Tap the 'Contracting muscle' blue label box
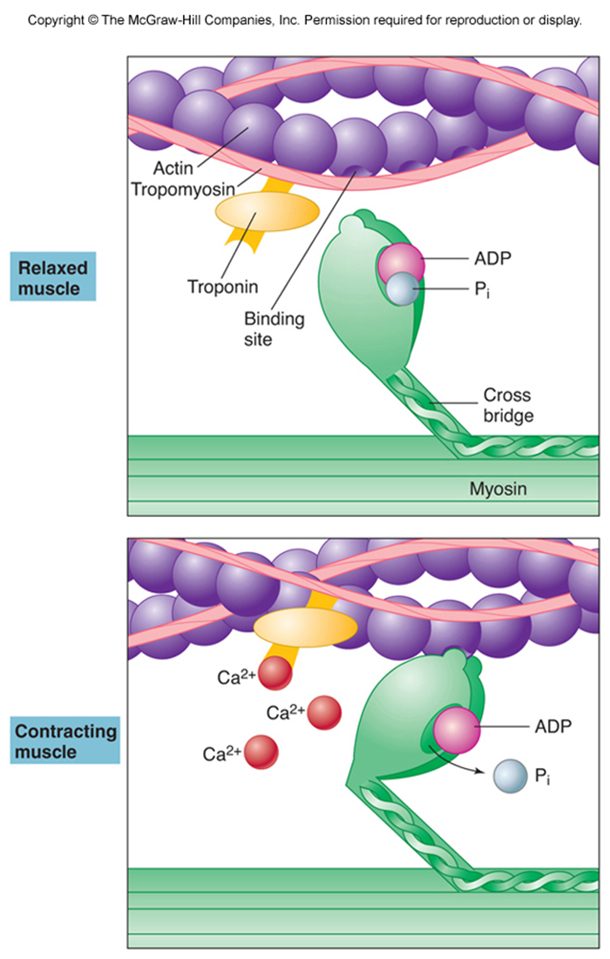(x=64, y=740)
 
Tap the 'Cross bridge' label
(x=507, y=406)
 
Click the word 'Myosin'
(x=498, y=490)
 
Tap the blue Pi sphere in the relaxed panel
(x=403, y=289)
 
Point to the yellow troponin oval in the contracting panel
(x=305, y=625)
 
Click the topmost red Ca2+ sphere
(x=275, y=674)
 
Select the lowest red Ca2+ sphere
(x=261, y=751)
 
